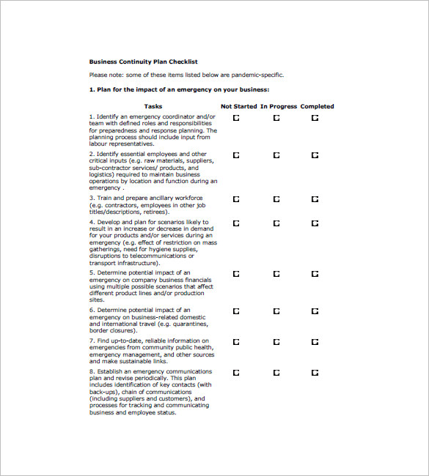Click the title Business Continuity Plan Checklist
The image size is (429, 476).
click(143, 62)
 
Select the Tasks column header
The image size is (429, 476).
click(153, 106)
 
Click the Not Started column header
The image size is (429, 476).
click(239, 106)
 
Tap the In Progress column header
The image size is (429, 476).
click(279, 106)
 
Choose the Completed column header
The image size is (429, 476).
click(317, 106)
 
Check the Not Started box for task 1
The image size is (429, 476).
click(236, 117)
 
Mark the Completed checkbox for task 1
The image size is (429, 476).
click(315, 117)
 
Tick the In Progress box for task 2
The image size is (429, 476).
click(276, 155)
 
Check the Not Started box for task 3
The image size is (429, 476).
click(236, 199)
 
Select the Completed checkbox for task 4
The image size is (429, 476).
click(315, 223)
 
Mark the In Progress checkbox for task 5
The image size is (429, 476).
click(276, 274)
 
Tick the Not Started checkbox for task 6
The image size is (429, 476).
click(236, 311)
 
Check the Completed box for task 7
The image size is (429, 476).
click(315, 342)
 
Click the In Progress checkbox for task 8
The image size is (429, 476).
click(276, 373)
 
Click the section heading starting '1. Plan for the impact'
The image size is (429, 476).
click(179, 89)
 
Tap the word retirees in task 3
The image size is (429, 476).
click(155, 212)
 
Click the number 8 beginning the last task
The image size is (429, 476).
click(92, 372)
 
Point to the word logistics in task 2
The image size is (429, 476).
click(101, 175)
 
